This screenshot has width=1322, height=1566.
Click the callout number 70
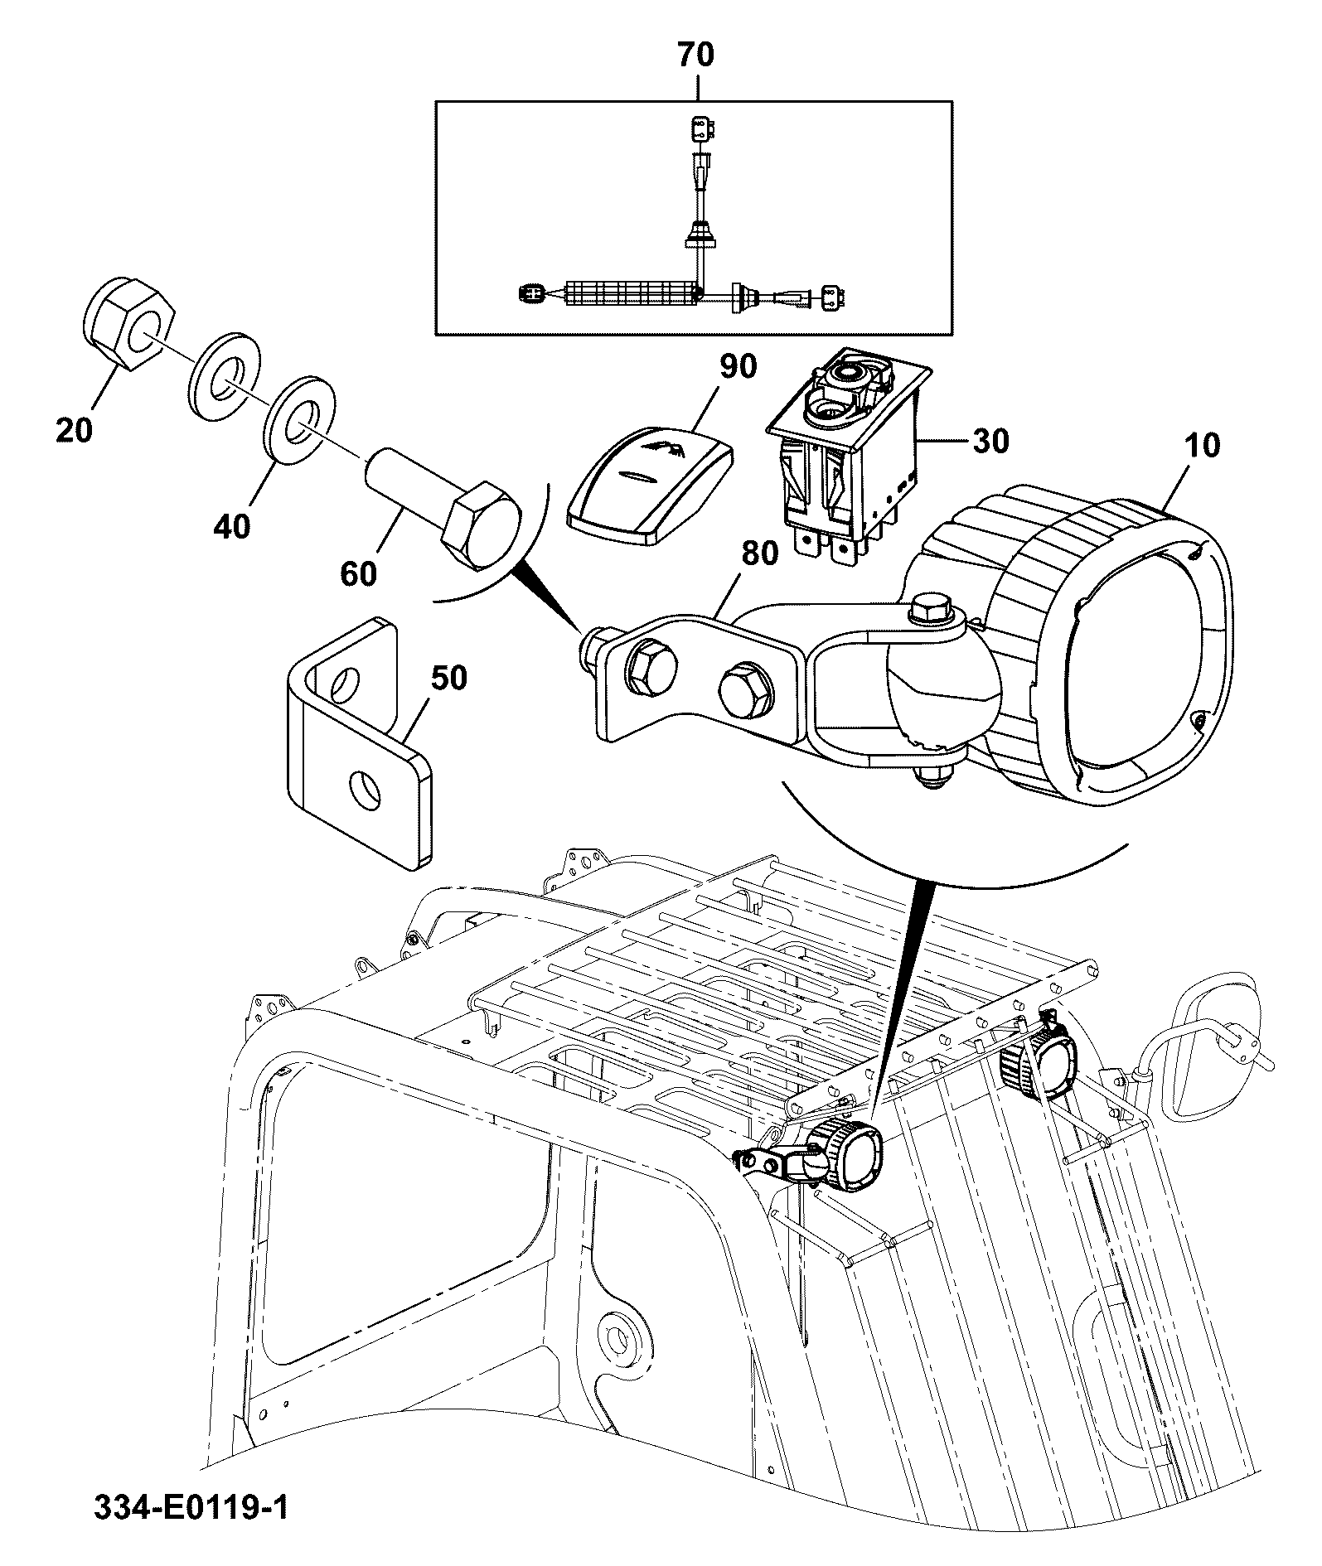coord(695,55)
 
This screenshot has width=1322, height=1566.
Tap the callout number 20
coord(75,430)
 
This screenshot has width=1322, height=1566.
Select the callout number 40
coord(231,525)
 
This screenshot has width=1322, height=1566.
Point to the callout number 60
coord(358,573)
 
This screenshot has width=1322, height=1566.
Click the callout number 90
coord(738,366)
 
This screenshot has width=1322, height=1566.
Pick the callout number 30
coord(990,441)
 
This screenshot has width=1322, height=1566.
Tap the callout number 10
coord(1202,445)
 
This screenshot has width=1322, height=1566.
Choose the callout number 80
coord(759,553)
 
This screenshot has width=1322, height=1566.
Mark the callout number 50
coord(448,678)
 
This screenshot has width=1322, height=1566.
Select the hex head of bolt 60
coord(482,529)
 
